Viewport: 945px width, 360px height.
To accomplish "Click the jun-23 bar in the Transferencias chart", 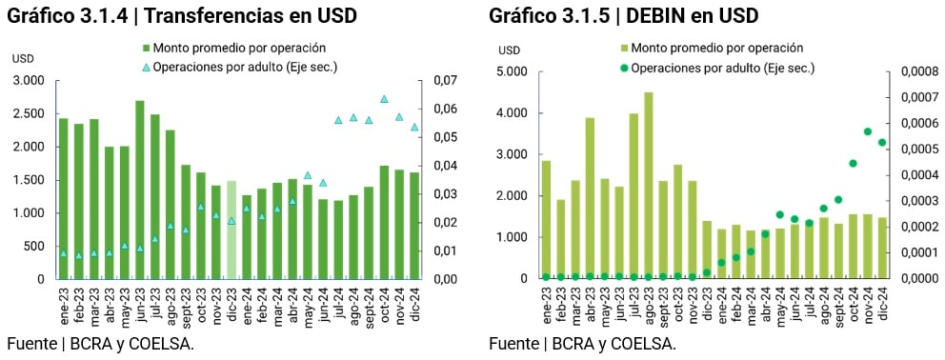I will (140, 190).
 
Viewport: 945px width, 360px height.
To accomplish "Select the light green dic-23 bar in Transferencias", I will (231, 230).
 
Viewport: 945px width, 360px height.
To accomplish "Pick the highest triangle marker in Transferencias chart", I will (384, 99).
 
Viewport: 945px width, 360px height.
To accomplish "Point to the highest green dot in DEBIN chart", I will (868, 131).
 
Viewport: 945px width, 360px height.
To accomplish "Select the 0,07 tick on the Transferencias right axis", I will (446, 81).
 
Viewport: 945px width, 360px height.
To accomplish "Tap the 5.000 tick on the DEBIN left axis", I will (511, 71).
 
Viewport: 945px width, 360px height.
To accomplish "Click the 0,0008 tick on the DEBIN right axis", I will (914, 71).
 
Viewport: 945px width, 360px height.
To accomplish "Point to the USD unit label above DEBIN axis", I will (510, 50).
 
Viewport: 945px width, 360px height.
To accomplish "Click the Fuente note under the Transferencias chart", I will (101, 344).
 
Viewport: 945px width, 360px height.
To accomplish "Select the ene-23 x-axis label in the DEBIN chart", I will (547, 305).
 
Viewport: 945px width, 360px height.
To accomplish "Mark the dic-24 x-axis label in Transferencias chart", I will (415, 305).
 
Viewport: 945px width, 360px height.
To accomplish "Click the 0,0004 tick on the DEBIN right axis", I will (914, 175).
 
